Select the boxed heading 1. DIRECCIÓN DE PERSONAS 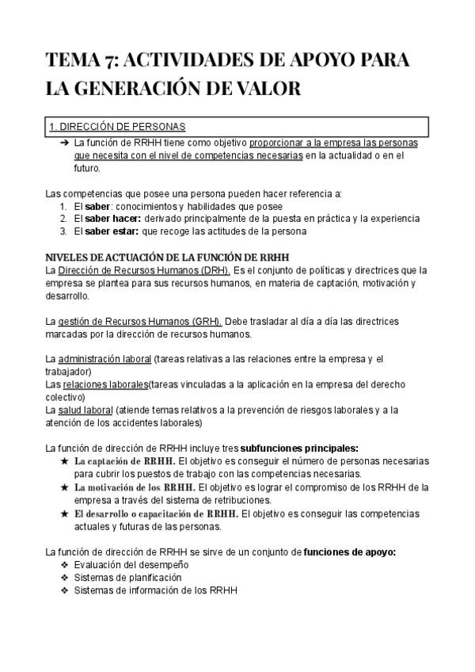[118, 127]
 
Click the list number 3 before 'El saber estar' [64, 231]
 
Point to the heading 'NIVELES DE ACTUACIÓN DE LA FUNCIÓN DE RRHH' [167, 257]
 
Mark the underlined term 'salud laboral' [85, 409]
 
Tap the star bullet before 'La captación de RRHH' [64, 460]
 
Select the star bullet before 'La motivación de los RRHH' [64, 486]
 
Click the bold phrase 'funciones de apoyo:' [349, 551]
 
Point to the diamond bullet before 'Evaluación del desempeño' [64, 564]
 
